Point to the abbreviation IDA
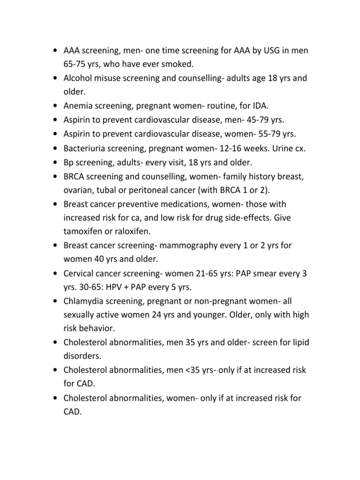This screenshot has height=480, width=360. tap(257, 106)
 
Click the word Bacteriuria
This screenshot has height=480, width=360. tap(85, 148)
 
